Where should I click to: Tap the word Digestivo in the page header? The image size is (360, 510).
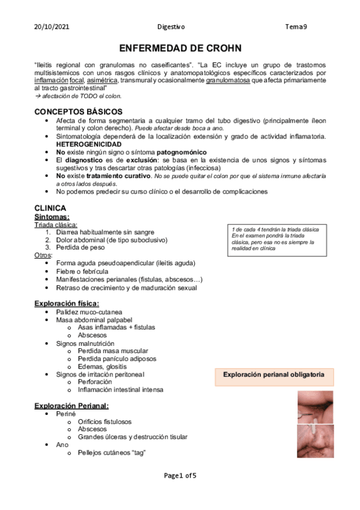click(x=171, y=27)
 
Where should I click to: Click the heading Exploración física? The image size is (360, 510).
click(x=67, y=303)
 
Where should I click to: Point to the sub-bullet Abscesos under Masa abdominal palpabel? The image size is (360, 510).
click(x=92, y=335)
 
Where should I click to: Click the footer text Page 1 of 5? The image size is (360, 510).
click(x=180, y=476)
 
